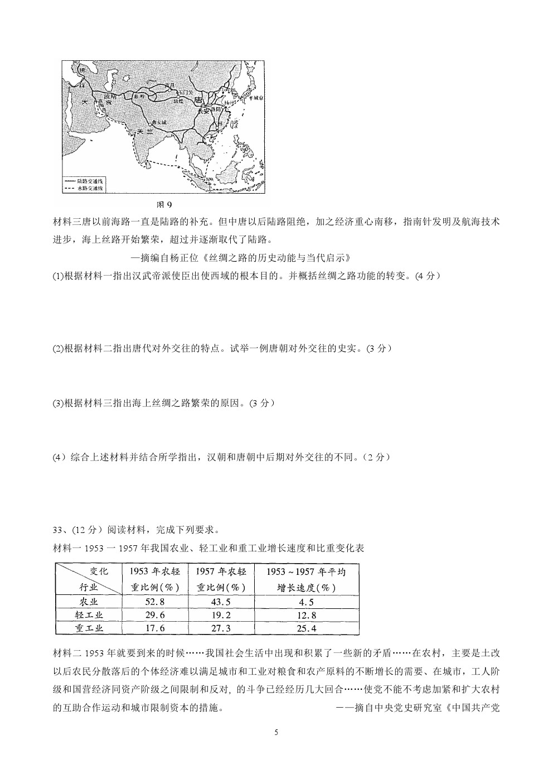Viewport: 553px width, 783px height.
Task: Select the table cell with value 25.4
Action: click(305, 628)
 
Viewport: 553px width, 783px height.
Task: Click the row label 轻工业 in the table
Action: click(89, 615)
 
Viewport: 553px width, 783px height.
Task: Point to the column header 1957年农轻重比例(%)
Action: click(221, 579)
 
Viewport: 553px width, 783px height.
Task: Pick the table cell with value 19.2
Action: click(221, 615)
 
